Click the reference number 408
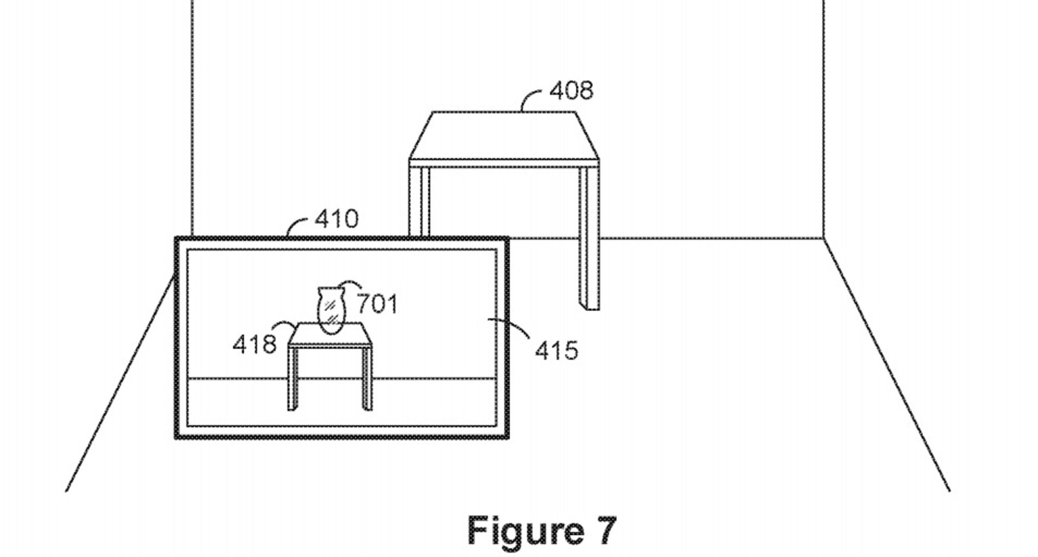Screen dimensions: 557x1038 point(571,90)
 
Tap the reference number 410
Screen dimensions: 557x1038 point(336,219)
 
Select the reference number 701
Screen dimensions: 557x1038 point(377,304)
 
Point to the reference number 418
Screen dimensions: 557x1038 point(254,344)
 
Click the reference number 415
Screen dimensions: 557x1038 point(556,350)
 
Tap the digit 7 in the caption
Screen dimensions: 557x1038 point(605,531)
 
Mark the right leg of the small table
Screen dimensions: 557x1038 point(367,379)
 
